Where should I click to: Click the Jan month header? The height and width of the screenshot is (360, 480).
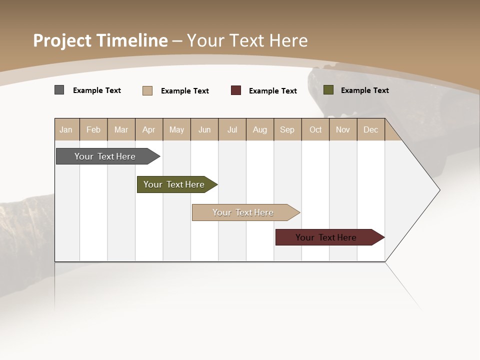66,129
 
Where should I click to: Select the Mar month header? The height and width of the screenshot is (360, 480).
121,129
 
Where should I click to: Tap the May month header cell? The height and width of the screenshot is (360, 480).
176,129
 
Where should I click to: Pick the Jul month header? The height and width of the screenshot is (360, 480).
232,129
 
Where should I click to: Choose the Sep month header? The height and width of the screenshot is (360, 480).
287,129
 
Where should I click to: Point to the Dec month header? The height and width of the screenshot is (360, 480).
370,129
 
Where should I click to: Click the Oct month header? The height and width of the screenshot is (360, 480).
315,129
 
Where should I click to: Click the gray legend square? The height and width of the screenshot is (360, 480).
59,90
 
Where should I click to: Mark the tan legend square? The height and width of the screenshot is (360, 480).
147,90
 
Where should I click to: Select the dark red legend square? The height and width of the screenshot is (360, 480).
236,90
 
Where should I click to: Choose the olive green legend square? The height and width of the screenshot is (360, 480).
328,90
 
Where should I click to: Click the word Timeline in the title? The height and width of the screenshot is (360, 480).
132,40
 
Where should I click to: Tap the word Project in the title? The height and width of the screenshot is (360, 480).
62,40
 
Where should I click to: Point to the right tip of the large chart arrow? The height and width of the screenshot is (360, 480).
439,190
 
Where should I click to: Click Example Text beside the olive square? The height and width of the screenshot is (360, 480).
364,90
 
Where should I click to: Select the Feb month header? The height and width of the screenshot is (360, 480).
93,129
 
